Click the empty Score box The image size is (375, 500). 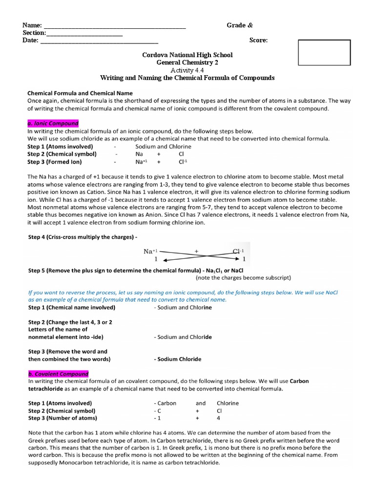324,53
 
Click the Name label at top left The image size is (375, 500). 32,25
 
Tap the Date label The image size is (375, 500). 30,41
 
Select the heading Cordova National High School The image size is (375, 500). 187,55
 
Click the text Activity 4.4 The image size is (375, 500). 187,70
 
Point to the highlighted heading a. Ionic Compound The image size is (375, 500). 53,124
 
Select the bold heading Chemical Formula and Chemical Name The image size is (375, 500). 80,93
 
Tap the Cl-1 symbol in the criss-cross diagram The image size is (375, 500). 240,251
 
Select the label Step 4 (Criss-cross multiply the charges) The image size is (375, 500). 83,236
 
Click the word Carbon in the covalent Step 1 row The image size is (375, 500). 166,403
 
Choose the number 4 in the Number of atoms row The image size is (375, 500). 218,418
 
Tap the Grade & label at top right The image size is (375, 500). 239,25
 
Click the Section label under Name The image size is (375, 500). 34,33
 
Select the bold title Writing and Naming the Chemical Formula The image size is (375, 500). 187,78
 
